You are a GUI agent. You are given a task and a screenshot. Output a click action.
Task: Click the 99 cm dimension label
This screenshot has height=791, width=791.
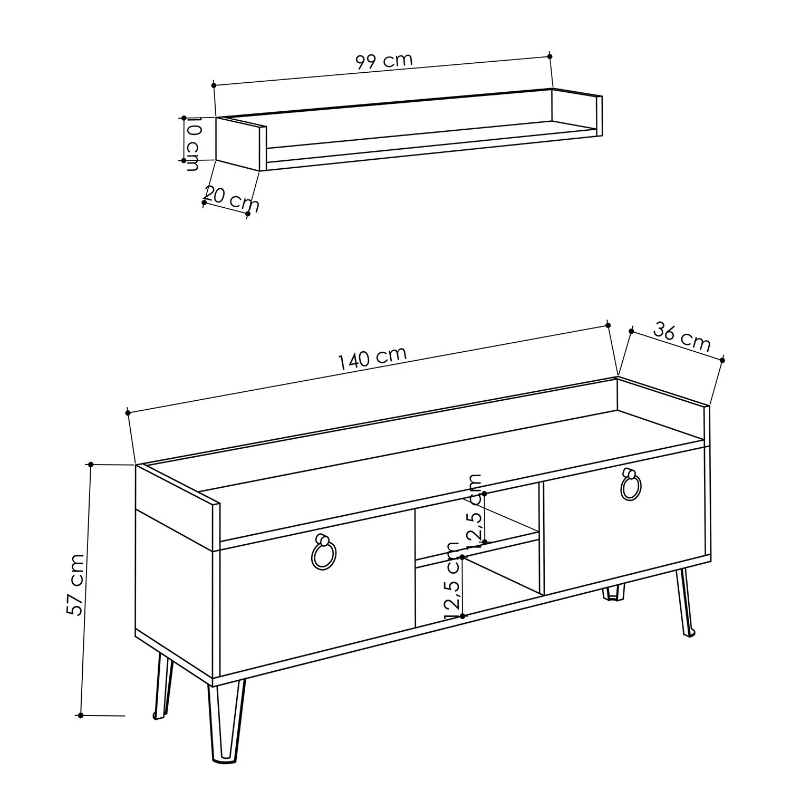384,61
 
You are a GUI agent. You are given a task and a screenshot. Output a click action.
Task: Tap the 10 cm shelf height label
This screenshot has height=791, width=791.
192,144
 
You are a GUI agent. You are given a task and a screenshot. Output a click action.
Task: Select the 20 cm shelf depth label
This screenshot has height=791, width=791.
231,198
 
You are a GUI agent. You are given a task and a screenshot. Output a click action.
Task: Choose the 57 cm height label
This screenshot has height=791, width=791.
75,584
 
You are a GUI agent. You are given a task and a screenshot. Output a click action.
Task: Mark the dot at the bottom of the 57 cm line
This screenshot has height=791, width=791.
80,716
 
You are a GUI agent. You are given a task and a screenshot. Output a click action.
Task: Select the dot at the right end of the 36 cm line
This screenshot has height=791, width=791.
722,360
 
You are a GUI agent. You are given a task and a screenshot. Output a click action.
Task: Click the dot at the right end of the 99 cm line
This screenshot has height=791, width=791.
550,56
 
